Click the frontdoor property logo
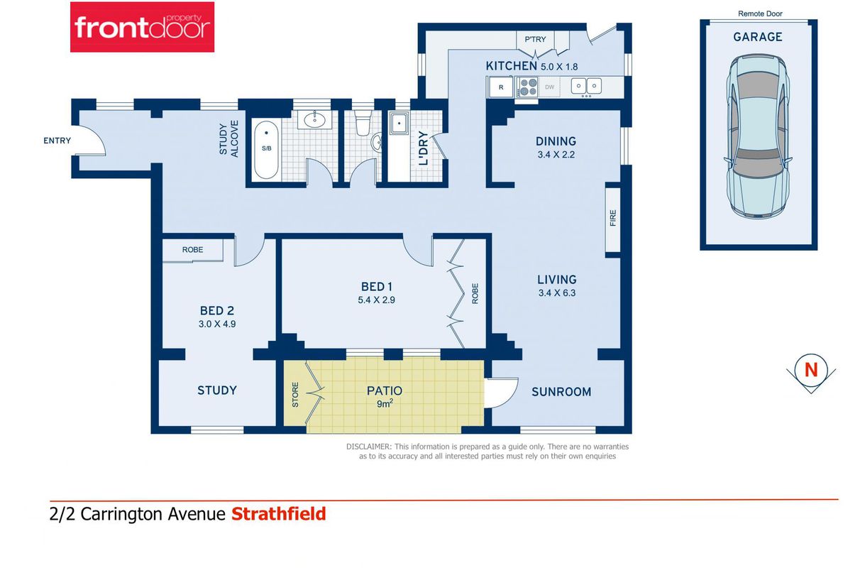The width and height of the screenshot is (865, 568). [x=142, y=27]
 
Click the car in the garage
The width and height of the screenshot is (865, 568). [x=758, y=137]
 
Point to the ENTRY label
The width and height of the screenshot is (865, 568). [x=57, y=141]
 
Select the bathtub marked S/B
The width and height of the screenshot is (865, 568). [x=266, y=150]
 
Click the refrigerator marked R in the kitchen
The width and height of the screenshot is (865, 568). [x=501, y=87]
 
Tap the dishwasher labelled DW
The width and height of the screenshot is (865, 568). [x=549, y=87]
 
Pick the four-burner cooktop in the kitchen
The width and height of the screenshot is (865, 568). [x=527, y=87]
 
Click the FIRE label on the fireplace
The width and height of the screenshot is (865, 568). [x=613, y=218]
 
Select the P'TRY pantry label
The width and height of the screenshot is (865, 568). [x=535, y=40]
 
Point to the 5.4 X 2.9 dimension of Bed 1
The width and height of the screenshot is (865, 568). [x=377, y=300]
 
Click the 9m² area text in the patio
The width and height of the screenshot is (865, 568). [x=385, y=404]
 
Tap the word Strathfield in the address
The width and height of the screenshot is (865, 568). [x=279, y=514]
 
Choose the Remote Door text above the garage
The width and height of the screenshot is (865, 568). [x=760, y=13]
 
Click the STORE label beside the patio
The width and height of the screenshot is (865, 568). [x=295, y=395]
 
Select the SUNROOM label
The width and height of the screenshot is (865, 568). [x=561, y=392]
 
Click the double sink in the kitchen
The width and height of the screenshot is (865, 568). [x=586, y=86]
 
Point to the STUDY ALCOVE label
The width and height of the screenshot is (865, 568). [x=228, y=139]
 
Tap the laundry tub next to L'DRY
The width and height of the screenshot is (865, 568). [x=399, y=124]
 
